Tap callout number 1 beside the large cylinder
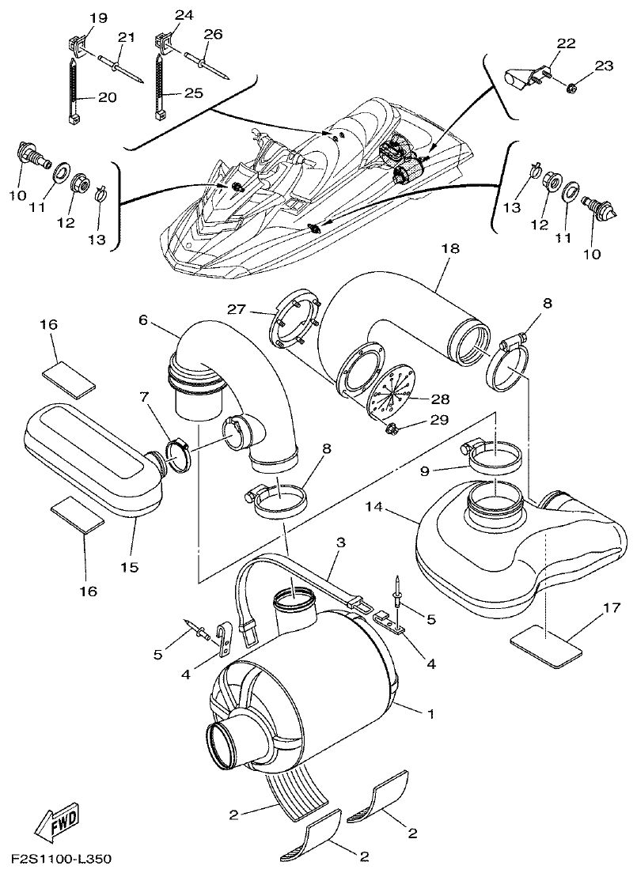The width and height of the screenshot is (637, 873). click(430, 714)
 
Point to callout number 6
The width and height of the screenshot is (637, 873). click(143, 319)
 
